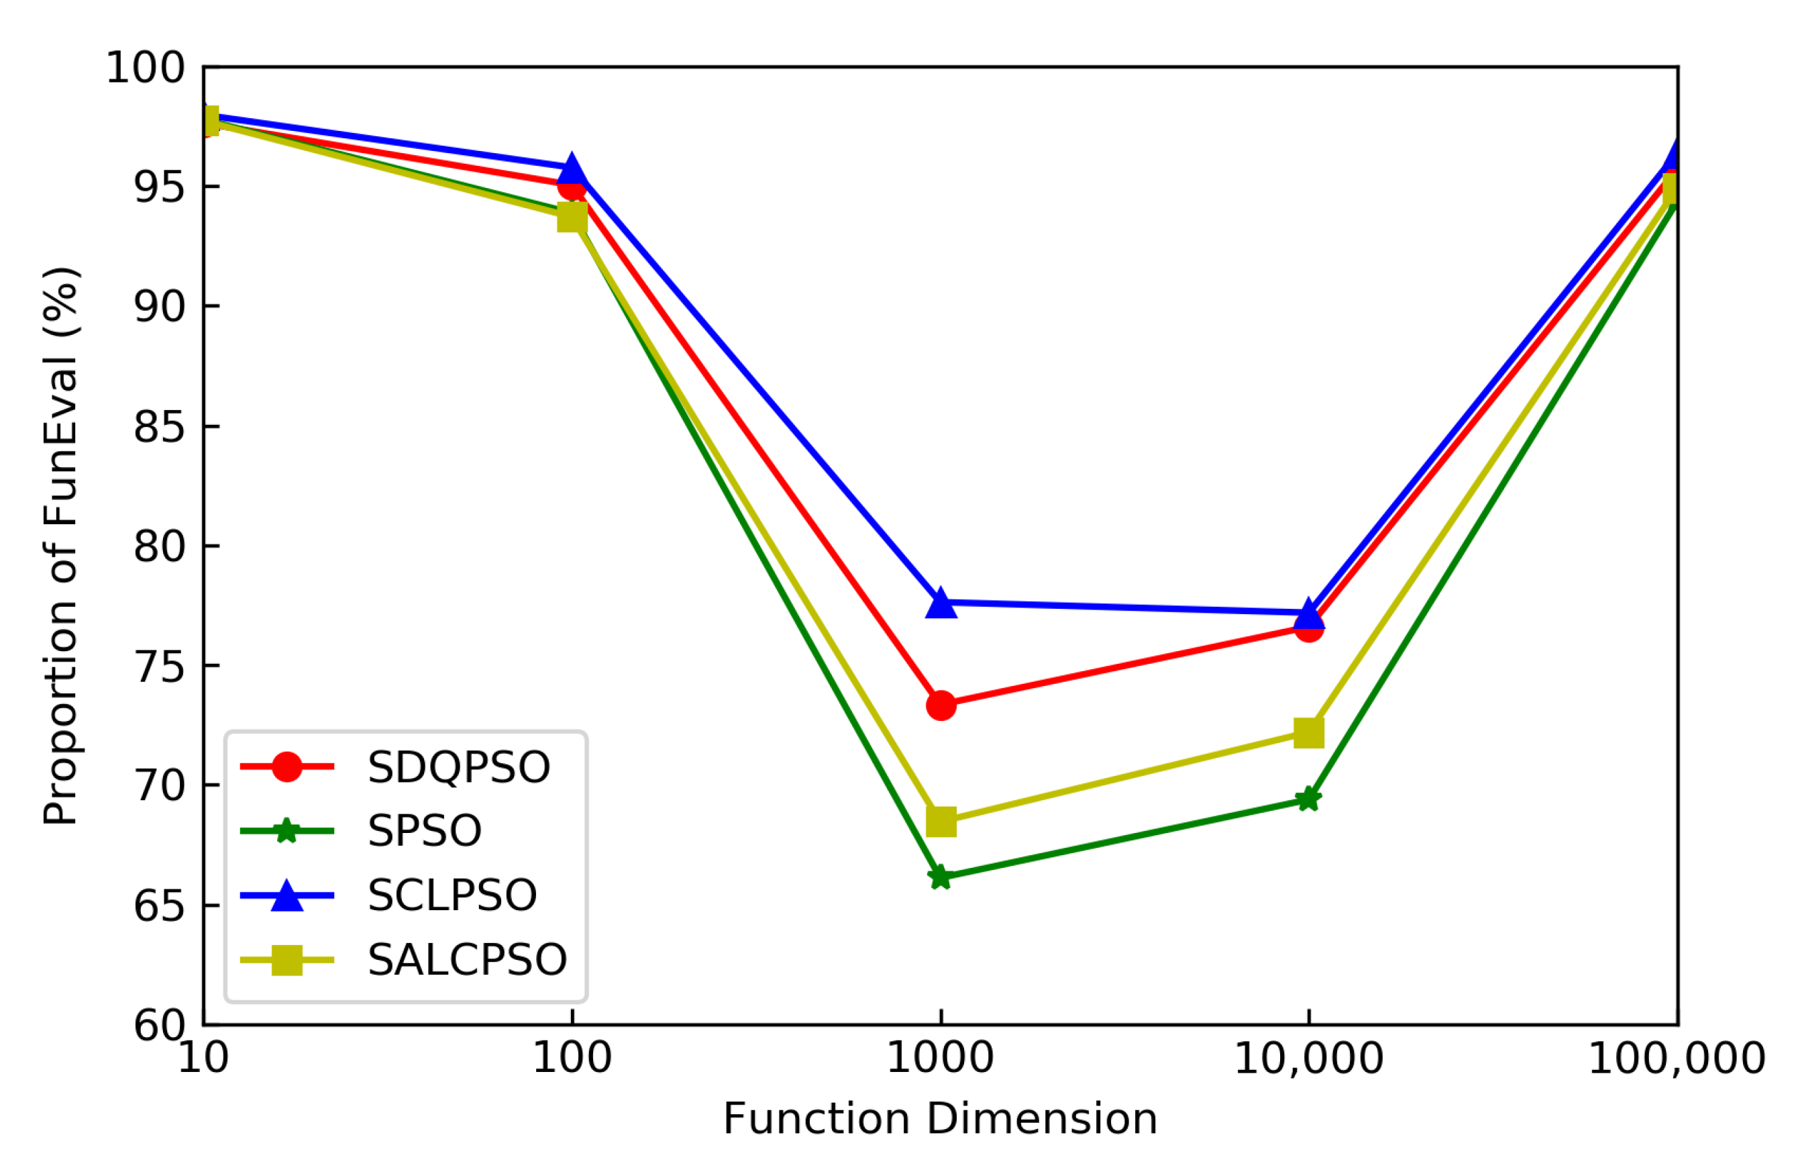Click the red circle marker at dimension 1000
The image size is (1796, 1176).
(x=941, y=705)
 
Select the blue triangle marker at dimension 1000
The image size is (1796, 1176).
(x=941, y=605)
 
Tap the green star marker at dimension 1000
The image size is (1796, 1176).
(x=940, y=877)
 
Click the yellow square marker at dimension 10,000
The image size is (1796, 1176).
(x=1308, y=732)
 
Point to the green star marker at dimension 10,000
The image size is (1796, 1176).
(x=1308, y=799)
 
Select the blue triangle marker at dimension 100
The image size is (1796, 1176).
(x=572, y=170)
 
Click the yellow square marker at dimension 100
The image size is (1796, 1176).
(x=572, y=218)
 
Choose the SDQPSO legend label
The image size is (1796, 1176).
(x=459, y=767)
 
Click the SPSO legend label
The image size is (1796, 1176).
(x=424, y=831)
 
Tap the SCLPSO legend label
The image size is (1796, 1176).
(x=452, y=895)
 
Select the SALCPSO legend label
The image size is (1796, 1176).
(x=467, y=960)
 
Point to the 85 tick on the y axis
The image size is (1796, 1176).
(x=159, y=427)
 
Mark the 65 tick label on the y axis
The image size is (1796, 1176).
(x=159, y=905)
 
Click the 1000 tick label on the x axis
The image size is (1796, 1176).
(x=940, y=1059)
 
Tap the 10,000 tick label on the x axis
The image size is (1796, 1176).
(x=1308, y=1059)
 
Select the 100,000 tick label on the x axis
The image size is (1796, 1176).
(x=1676, y=1059)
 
